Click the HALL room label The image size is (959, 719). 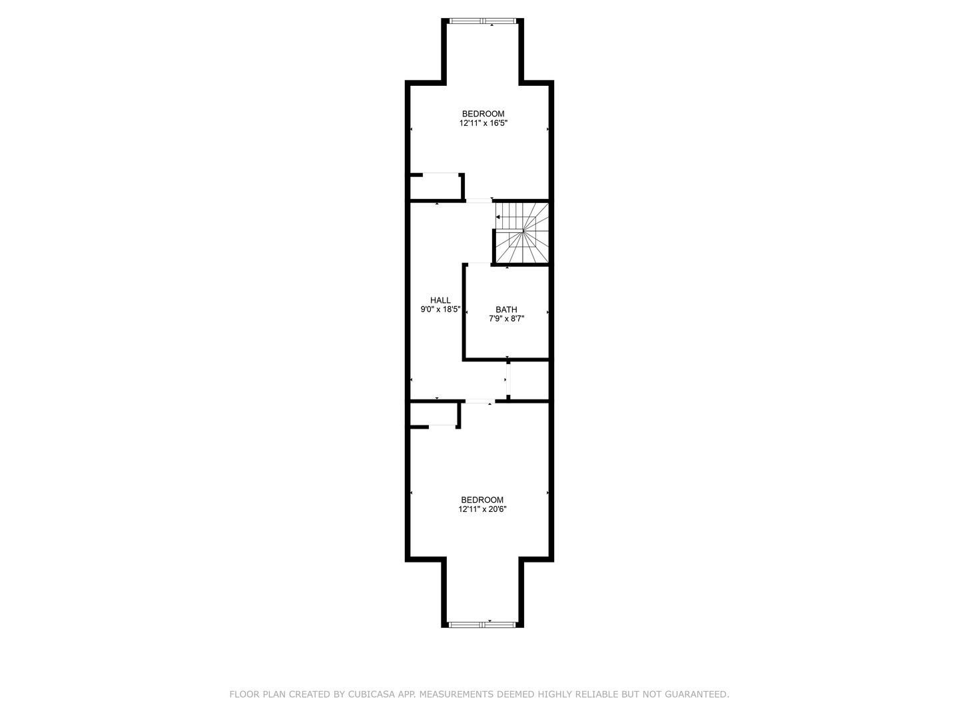[440, 300]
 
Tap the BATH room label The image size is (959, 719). [506, 310]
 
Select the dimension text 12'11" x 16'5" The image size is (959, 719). [483, 123]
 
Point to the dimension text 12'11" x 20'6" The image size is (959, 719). [482, 509]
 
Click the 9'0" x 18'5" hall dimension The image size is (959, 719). [440, 310]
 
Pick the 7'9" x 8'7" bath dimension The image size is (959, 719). [506, 319]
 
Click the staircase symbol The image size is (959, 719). [521, 233]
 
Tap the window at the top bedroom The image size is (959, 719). [483, 21]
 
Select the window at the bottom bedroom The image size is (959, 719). [482, 624]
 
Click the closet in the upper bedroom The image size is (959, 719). [436, 187]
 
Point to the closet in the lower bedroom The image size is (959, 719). [434, 414]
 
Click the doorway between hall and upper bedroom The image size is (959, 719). [479, 201]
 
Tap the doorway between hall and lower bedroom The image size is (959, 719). [479, 401]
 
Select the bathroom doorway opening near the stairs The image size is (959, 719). [479, 264]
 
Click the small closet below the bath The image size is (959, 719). [529, 379]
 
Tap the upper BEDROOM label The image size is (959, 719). [483, 114]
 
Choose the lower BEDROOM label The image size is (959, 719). [482, 500]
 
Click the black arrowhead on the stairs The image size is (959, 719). [497, 217]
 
